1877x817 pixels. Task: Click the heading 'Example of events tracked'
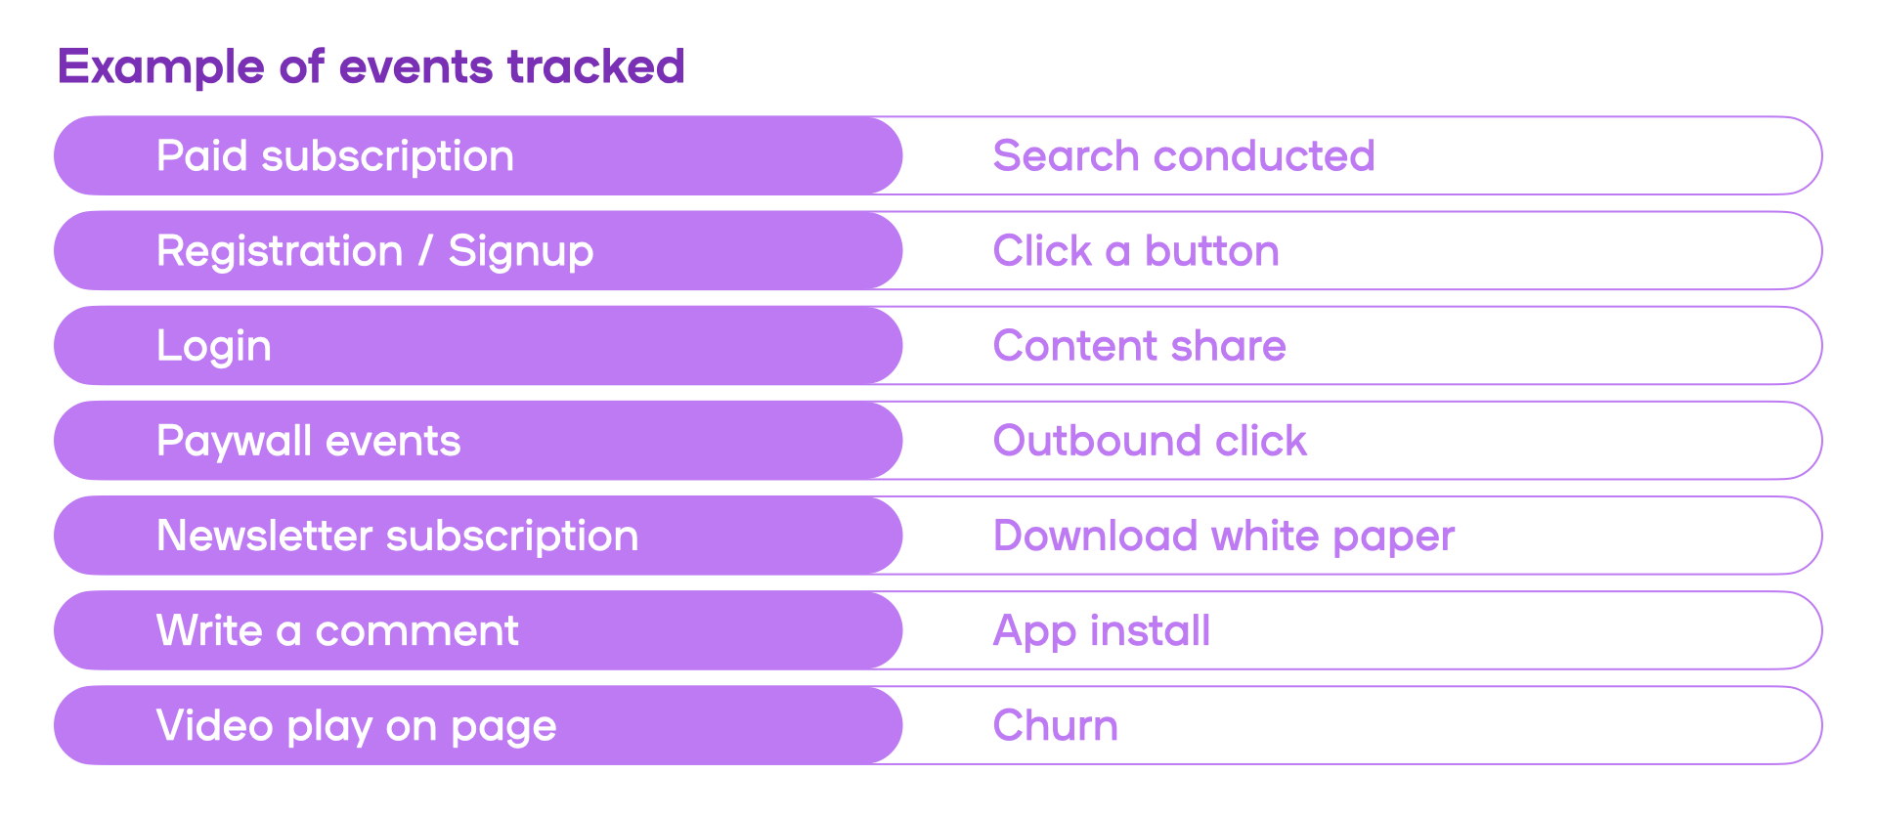(x=371, y=67)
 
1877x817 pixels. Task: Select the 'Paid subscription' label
(x=335, y=156)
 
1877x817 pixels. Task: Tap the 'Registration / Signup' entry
(x=375, y=251)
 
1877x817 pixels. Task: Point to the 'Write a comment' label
(x=338, y=630)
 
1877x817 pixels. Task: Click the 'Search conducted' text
(x=1184, y=155)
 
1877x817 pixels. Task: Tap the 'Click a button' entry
(x=1136, y=250)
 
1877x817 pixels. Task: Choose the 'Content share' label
(x=1140, y=345)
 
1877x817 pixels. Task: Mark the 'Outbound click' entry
(x=1150, y=440)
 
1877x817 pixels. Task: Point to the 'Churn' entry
(x=1056, y=725)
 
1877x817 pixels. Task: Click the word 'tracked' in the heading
(x=595, y=67)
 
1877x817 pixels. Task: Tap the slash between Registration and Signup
(x=425, y=250)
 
